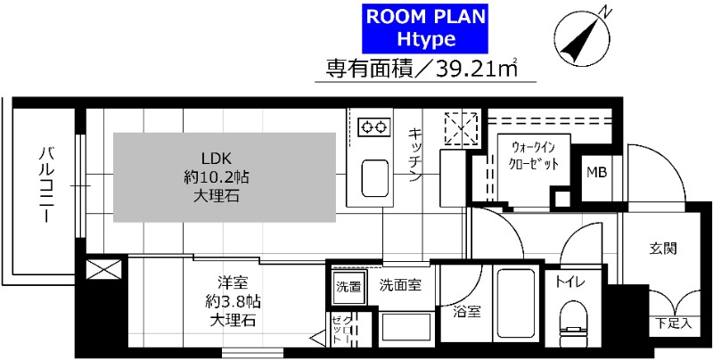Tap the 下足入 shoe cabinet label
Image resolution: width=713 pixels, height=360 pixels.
pyautogui.click(x=673, y=323)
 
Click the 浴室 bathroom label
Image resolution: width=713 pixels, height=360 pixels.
pyautogui.click(x=466, y=313)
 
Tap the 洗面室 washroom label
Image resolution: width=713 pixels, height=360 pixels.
pyautogui.click(x=400, y=286)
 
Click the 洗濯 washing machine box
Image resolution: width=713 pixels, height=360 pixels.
pyautogui.click(x=348, y=287)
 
